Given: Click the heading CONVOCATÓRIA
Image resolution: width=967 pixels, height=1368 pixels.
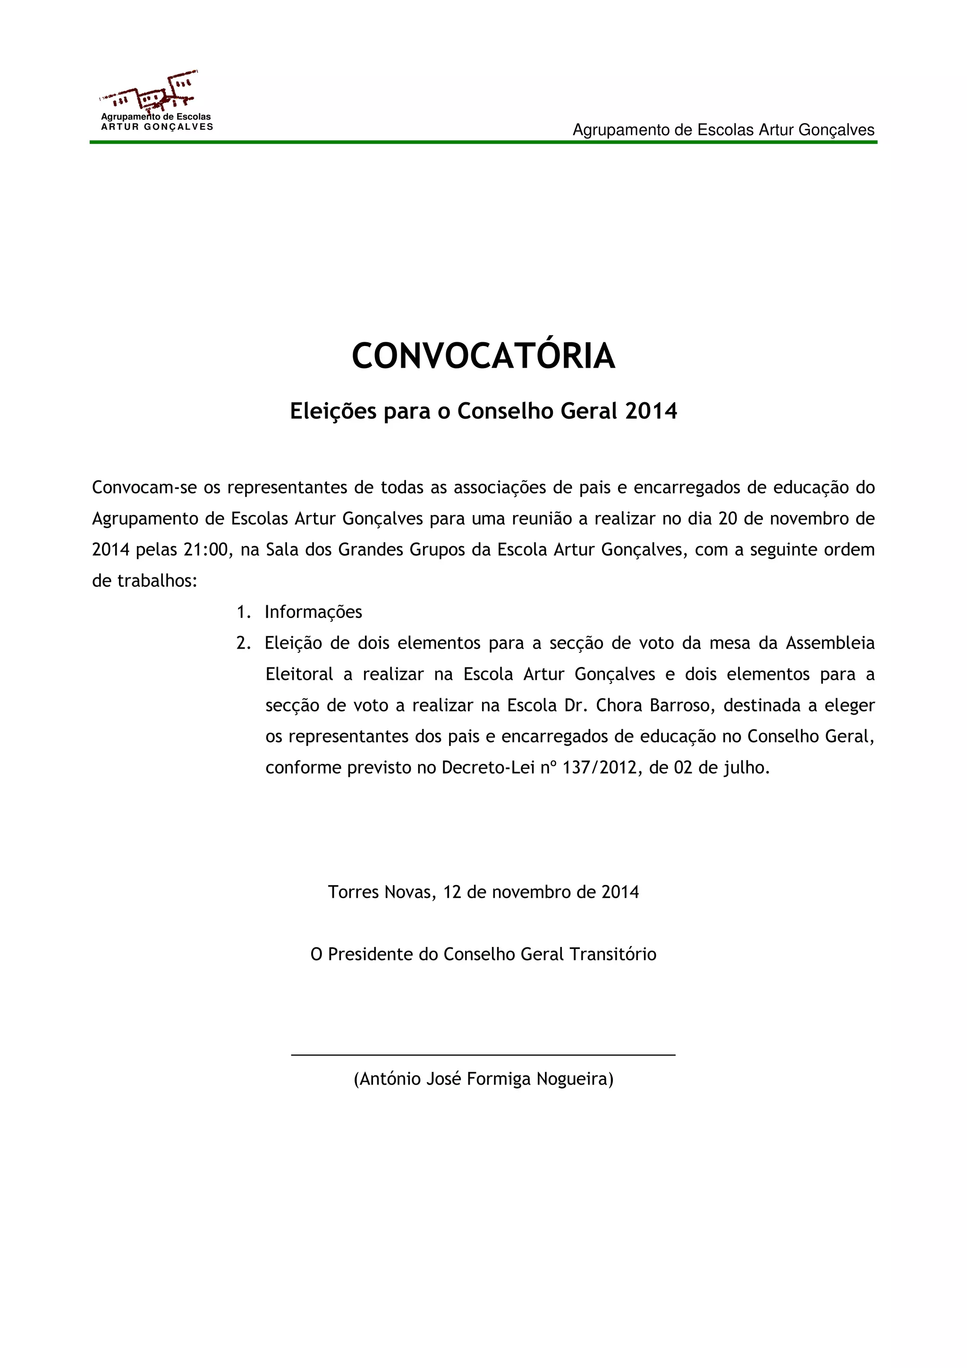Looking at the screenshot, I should (483, 357).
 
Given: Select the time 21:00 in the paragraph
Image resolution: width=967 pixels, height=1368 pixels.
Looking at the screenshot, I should (206, 549).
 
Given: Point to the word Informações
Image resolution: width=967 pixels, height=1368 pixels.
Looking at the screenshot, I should (314, 612).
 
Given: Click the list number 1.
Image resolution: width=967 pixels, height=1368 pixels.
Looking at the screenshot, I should (241, 612).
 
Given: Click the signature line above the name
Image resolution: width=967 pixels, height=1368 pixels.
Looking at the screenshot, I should (483, 1055).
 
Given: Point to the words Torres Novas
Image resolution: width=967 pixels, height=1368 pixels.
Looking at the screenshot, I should (382, 892).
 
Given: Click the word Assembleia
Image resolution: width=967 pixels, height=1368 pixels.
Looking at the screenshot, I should (830, 643).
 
